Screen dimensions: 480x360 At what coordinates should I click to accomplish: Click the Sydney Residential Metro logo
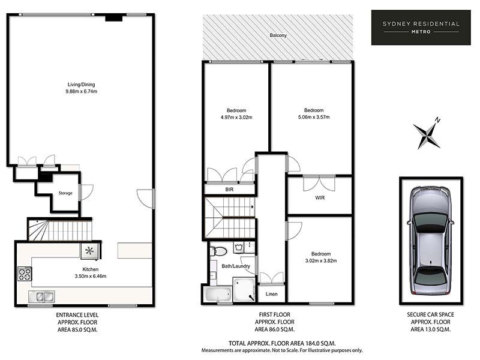pyautogui.click(x=421, y=28)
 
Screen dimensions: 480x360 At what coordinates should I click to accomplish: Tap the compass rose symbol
pyautogui.click(x=427, y=133)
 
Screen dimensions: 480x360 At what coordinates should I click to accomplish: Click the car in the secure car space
pyautogui.click(x=431, y=241)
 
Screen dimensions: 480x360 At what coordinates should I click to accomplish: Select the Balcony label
pyautogui.click(x=278, y=35)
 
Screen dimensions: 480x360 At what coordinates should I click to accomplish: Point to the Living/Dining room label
pyautogui.click(x=81, y=85)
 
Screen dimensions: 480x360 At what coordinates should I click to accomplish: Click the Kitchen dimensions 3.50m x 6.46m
pyautogui.click(x=91, y=276)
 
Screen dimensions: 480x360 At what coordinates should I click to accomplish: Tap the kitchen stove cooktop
pyautogui.click(x=25, y=274)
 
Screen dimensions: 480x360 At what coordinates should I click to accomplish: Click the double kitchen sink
pyautogui.click(x=41, y=296)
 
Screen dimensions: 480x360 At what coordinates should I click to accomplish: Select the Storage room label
pyautogui.click(x=65, y=193)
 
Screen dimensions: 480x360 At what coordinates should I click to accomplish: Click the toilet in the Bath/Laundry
pyautogui.click(x=218, y=251)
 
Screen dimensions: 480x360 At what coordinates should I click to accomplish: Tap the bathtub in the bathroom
pyautogui.click(x=218, y=294)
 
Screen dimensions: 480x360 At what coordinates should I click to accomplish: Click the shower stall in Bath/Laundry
pyautogui.click(x=244, y=289)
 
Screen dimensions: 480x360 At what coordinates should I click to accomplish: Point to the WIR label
pyautogui.click(x=320, y=198)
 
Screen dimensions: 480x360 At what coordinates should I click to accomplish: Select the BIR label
pyautogui.click(x=229, y=190)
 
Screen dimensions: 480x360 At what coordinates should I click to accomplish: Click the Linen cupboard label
pyautogui.click(x=272, y=294)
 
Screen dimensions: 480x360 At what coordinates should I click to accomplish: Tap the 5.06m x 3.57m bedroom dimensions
pyautogui.click(x=314, y=117)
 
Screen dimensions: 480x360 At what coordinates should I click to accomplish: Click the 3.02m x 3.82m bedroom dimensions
pyautogui.click(x=321, y=261)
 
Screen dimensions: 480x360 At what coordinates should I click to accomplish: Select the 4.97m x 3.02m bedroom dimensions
pyautogui.click(x=236, y=117)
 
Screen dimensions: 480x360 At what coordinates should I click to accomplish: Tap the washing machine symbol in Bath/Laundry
pyautogui.click(x=239, y=247)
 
